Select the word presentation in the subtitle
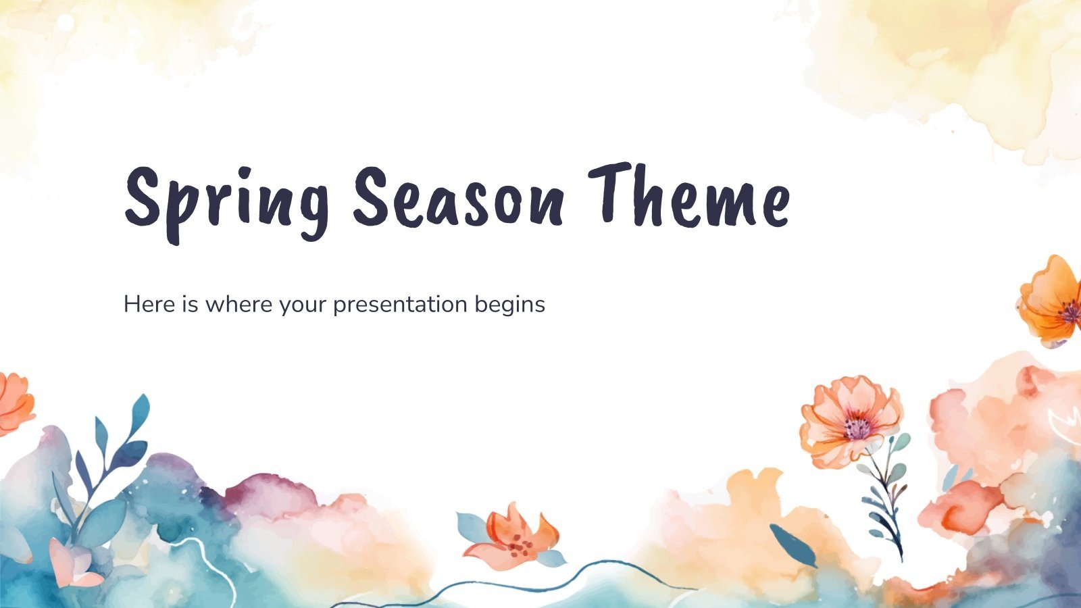(400, 305)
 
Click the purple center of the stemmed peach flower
(857, 428)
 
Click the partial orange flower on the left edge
(14, 404)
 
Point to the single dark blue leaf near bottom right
(792, 544)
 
